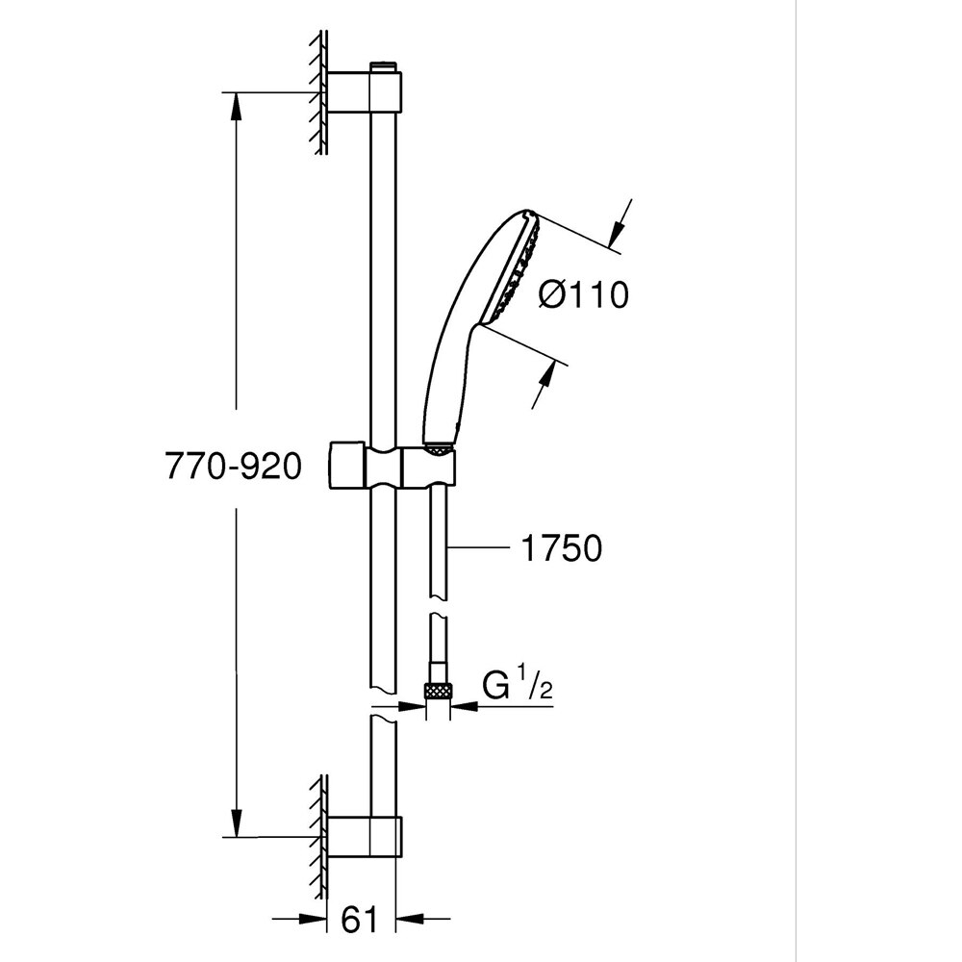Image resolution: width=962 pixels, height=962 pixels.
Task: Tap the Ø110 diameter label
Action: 583,294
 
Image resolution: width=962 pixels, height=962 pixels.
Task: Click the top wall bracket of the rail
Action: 366,93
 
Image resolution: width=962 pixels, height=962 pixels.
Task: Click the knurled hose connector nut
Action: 438,690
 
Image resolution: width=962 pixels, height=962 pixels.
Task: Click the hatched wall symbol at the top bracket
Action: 316,93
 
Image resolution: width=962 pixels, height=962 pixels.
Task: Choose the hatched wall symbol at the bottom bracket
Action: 316,835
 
